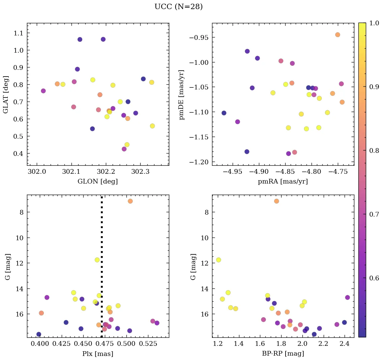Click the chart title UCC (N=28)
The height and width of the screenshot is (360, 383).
(x=178, y=7)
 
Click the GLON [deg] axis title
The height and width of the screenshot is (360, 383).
(x=98, y=182)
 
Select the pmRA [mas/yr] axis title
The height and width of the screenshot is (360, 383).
(x=283, y=182)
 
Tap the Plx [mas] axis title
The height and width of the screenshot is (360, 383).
(x=98, y=354)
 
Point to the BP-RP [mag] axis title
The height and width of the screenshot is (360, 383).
(x=283, y=354)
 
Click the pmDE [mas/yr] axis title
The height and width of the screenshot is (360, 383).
(x=182, y=94)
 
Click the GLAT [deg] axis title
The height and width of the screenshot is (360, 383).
(x=5, y=94)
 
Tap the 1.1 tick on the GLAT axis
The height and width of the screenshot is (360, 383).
(x=20, y=33)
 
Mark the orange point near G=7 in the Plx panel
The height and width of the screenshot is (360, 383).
(x=130, y=201)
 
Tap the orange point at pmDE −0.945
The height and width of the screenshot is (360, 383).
(x=337, y=35)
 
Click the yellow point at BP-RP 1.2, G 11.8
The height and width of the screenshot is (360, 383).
(x=218, y=260)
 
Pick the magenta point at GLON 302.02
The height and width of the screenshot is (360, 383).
(x=43, y=91)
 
